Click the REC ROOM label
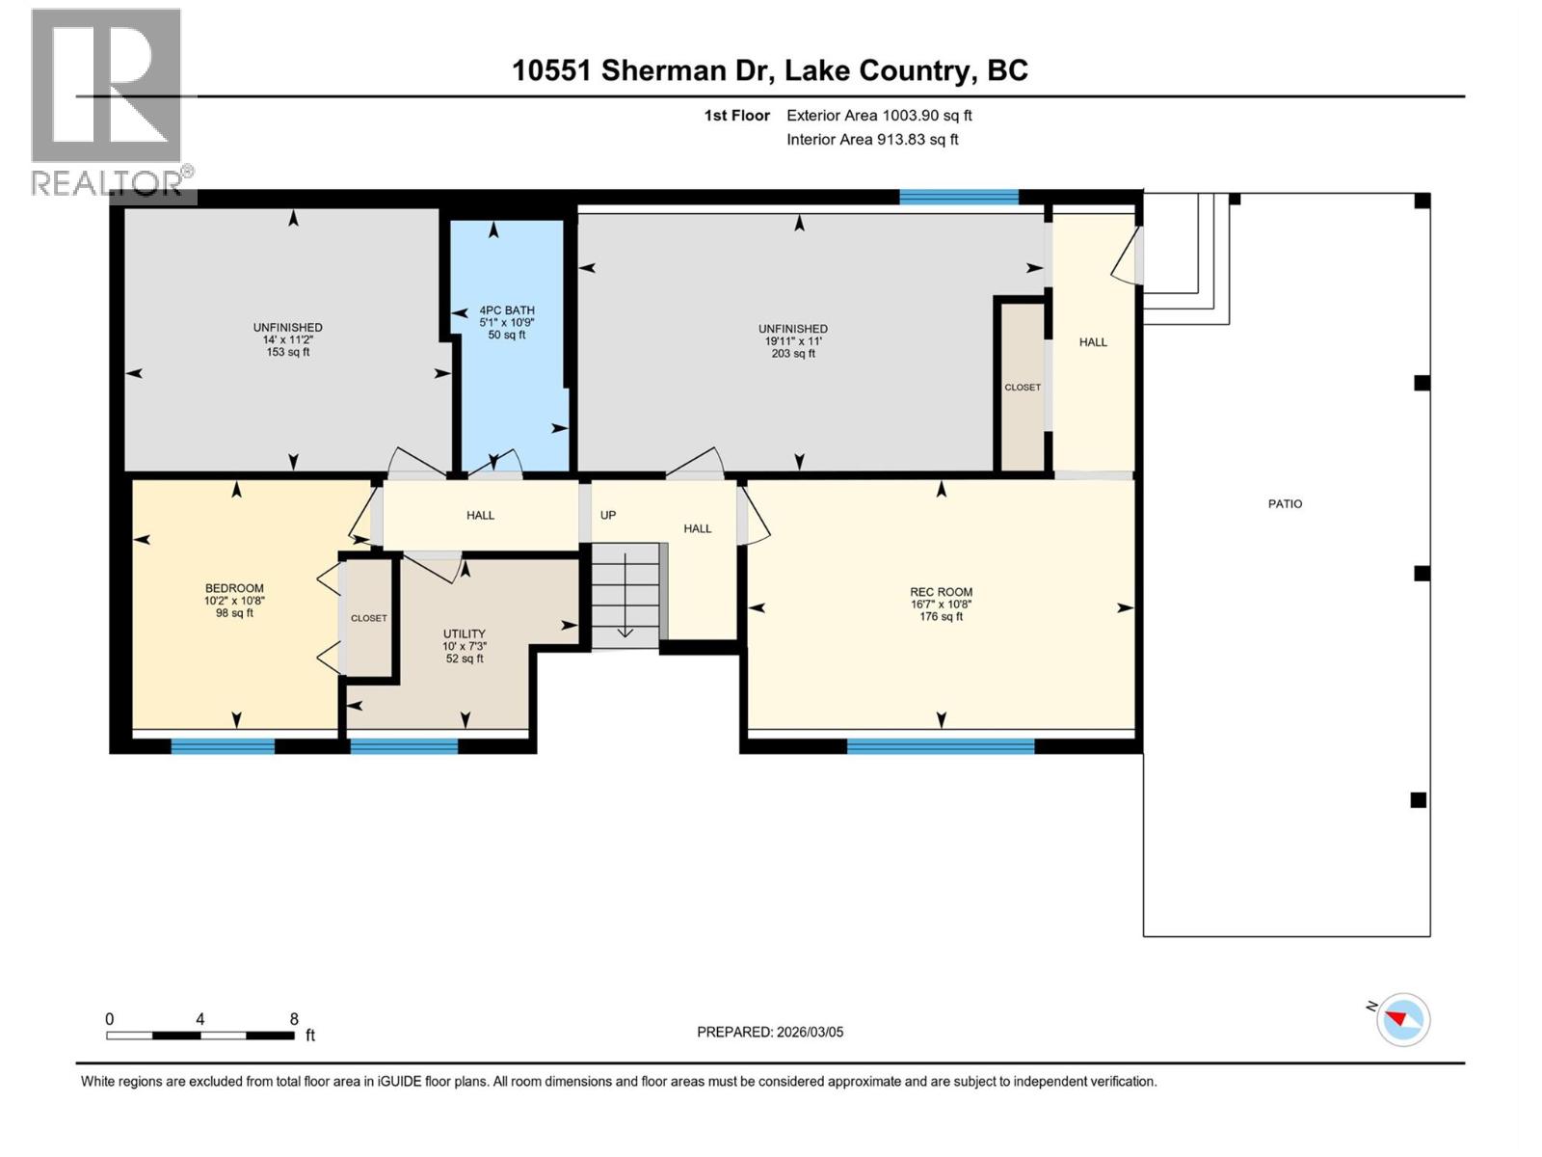(x=941, y=592)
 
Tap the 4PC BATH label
(x=507, y=310)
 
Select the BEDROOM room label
(x=234, y=588)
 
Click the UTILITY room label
(x=464, y=633)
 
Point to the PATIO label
(x=1285, y=503)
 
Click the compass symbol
(x=1402, y=1019)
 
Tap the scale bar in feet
(x=200, y=1036)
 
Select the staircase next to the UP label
(x=625, y=595)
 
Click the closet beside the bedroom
(x=368, y=618)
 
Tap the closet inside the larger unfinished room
(x=1022, y=387)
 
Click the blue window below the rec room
(x=941, y=745)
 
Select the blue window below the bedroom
(x=223, y=745)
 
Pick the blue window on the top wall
(x=958, y=197)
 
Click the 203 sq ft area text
(x=793, y=354)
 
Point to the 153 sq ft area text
(x=288, y=353)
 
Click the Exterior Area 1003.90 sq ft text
(x=878, y=116)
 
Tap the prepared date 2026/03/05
(x=770, y=1032)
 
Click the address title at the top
(x=769, y=70)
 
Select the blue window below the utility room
(x=404, y=745)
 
